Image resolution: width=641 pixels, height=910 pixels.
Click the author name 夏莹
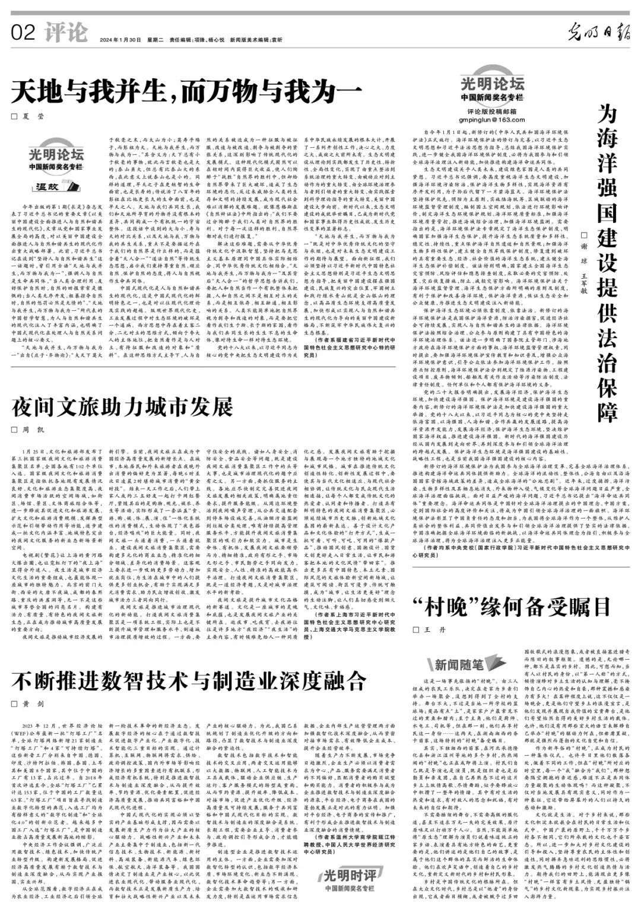pos(35,117)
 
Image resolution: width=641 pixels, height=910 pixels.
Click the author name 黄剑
pos(35,704)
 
